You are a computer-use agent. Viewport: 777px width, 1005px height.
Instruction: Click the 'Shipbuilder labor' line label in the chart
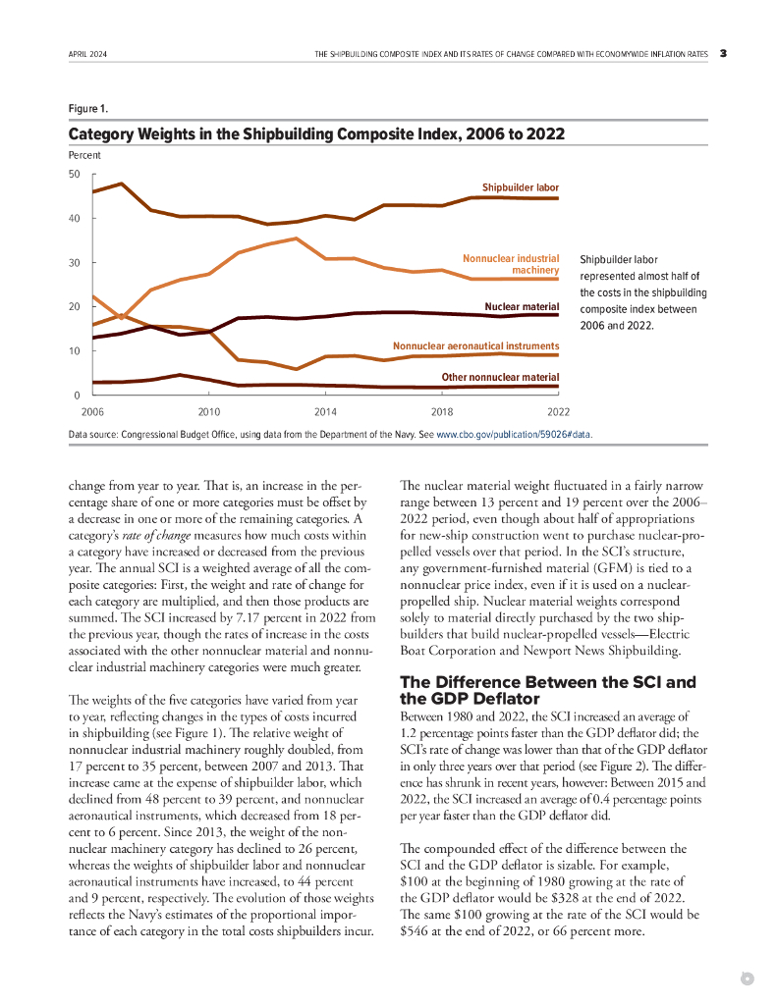tap(520, 186)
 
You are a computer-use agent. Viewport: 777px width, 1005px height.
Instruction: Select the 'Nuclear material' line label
tap(522, 307)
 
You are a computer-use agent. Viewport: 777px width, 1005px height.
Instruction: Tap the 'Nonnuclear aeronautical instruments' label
tap(475, 346)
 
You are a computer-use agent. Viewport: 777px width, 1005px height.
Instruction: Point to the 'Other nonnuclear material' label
tap(500, 377)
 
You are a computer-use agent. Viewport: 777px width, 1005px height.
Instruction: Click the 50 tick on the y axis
tap(75, 174)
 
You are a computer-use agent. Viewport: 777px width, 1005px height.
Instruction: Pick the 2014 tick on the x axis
tap(326, 412)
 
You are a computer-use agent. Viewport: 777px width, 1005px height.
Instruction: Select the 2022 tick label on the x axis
tap(558, 412)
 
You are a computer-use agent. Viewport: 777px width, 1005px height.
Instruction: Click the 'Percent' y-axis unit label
tap(84, 156)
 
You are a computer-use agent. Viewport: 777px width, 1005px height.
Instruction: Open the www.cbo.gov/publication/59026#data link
tap(513, 433)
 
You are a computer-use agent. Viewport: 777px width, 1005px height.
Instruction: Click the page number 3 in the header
tap(722, 54)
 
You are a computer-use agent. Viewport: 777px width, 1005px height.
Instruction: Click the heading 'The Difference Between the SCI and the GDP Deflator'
tap(547, 691)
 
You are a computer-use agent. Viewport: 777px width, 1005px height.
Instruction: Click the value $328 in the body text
tap(582, 897)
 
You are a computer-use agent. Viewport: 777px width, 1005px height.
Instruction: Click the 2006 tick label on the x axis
tap(92, 412)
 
